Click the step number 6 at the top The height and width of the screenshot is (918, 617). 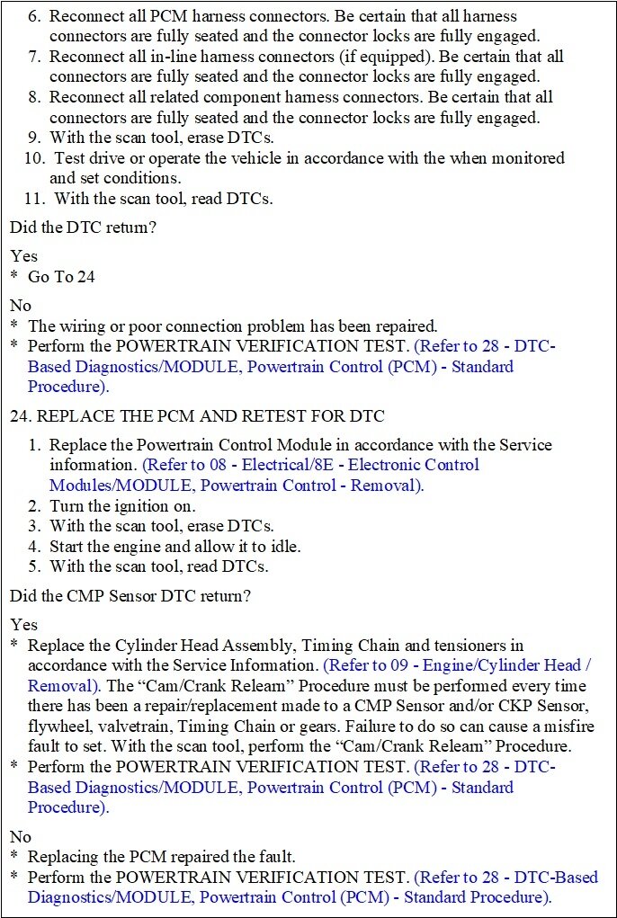coord(35,16)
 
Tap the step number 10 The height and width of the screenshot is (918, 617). coord(34,158)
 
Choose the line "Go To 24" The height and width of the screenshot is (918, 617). coord(61,277)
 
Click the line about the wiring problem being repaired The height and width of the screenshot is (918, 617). coord(232,325)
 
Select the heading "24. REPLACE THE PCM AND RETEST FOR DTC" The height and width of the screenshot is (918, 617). coord(197,415)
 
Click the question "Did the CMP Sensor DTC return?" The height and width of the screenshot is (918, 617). coord(130,595)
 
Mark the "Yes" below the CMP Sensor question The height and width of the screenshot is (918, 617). coord(24,624)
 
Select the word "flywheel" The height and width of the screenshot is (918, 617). coord(59,726)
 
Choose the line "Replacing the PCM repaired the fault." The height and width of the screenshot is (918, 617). coord(161,857)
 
